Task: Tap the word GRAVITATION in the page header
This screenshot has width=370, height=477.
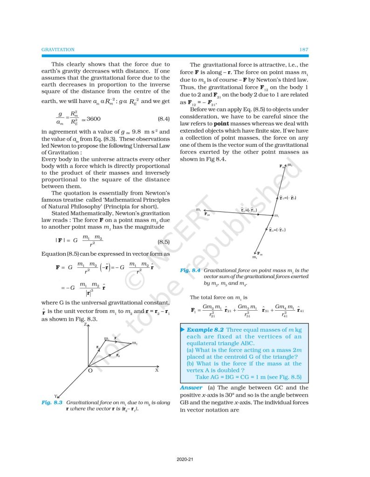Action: (x=58, y=49)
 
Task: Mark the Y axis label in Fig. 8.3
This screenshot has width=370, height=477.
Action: (x=55, y=396)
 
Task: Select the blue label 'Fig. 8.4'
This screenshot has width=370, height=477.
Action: (x=189, y=270)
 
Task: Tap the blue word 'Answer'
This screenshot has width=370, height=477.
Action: (x=191, y=388)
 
